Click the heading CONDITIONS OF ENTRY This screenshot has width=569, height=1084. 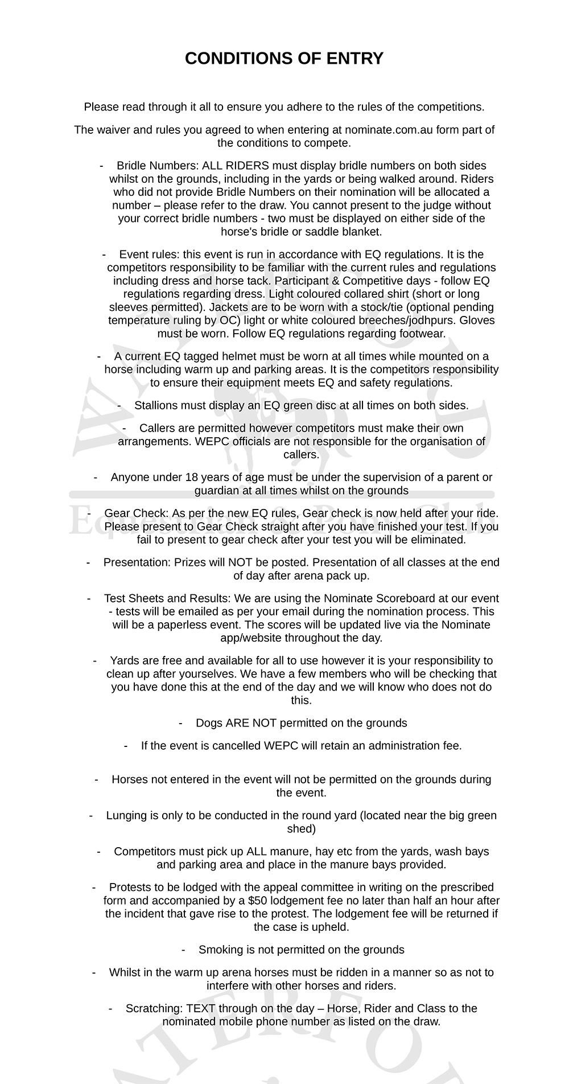pos(284,59)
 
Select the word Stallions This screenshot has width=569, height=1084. pos(155,405)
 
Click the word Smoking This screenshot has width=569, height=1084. pos(220,950)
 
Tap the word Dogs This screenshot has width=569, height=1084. pos(209,723)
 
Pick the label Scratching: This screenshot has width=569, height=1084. pos(154,1008)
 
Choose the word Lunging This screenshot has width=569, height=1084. pos(126,815)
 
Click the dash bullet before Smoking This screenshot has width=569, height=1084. pos(184,950)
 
